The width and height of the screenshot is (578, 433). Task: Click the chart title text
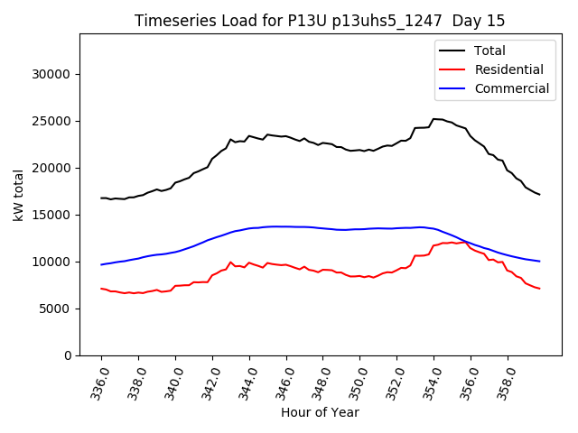[320, 21]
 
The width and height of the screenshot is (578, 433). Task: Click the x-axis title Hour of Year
[320, 412]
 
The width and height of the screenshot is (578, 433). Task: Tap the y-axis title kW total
[18, 195]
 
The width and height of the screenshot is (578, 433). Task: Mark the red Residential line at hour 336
[101, 289]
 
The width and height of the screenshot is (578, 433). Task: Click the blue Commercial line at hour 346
[286, 226]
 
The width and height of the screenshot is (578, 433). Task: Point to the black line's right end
[539, 195]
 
